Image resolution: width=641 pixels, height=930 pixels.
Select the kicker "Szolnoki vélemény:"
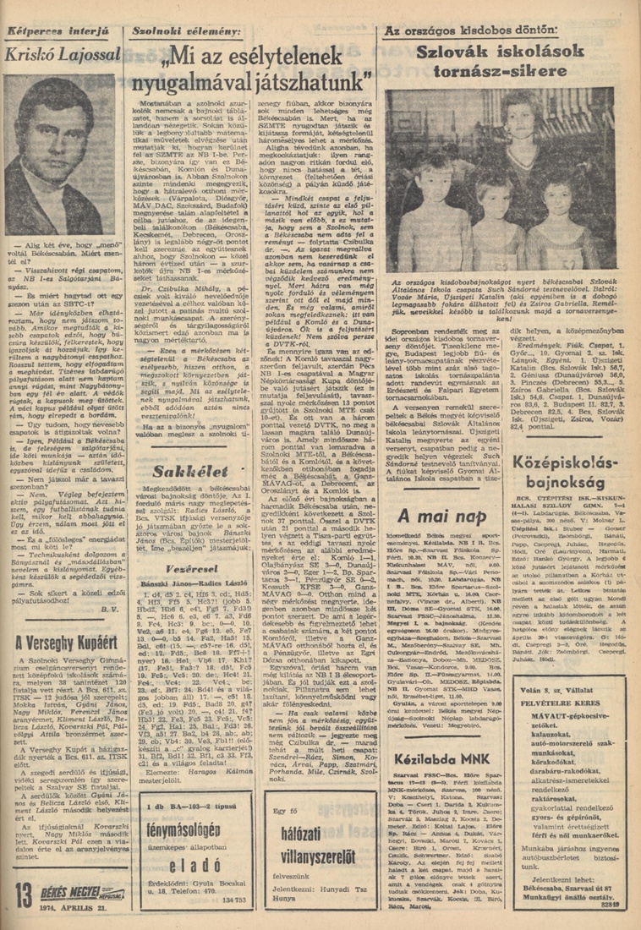[185, 32]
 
